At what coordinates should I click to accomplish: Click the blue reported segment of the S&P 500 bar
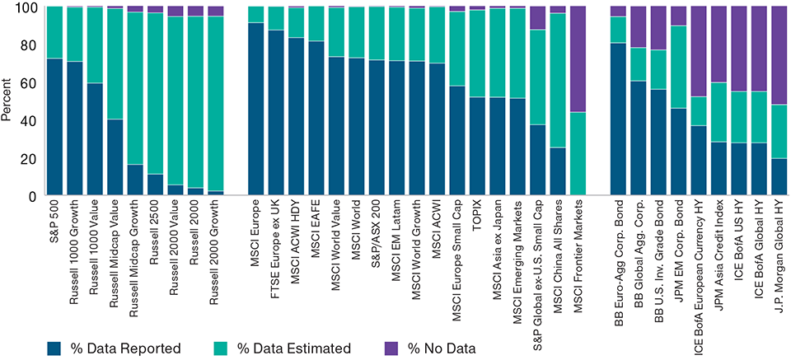click(x=54, y=127)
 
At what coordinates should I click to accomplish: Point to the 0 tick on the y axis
click(x=33, y=196)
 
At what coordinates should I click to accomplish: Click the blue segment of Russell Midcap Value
click(x=115, y=157)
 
